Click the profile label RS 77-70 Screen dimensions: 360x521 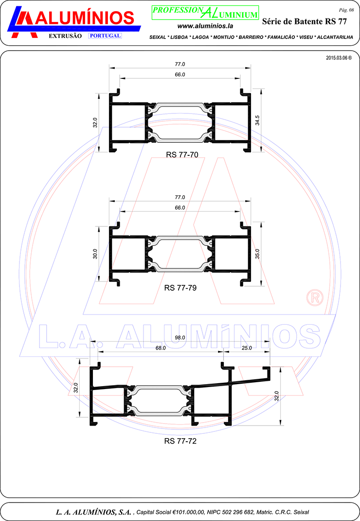[182, 154]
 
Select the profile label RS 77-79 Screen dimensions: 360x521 [180, 288]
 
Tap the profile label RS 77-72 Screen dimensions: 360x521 [180, 441]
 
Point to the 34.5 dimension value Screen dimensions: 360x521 [257, 120]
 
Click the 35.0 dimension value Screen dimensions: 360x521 [257, 254]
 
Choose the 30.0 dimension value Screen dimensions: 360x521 [95, 254]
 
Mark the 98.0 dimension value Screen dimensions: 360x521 [180, 337]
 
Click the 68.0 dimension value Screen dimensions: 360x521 [161, 348]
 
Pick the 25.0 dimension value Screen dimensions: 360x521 [247, 348]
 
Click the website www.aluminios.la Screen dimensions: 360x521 [205, 26]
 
